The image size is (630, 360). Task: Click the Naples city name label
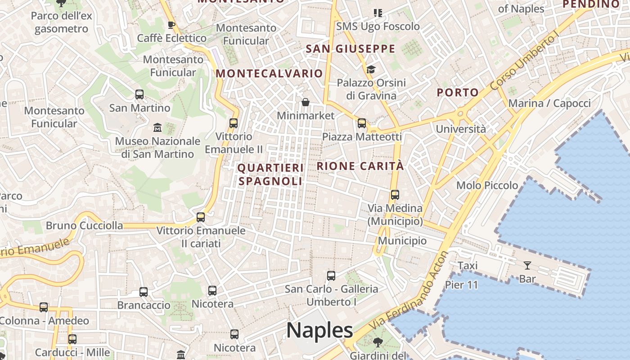point(319,331)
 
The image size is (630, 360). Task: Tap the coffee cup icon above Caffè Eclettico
point(171,25)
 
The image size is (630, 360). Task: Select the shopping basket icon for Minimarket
point(306,103)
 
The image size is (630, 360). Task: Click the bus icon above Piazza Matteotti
point(362,123)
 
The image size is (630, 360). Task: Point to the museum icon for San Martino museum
point(157,128)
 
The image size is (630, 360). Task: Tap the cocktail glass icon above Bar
point(527,265)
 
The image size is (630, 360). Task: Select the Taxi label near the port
point(468,266)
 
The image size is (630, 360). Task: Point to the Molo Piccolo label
point(487,185)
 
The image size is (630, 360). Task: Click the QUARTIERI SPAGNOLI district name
point(270,175)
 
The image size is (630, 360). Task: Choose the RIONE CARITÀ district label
point(360,166)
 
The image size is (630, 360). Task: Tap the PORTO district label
point(458,93)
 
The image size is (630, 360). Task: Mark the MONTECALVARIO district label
point(269,73)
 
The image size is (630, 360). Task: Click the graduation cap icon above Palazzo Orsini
point(371,69)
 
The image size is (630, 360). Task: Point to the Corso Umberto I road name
point(525,62)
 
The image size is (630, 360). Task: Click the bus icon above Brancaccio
point(144,292)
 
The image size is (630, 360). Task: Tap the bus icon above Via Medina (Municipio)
point(395,195)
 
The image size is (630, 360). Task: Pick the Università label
point(460,129)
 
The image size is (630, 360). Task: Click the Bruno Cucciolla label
point(84,225)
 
